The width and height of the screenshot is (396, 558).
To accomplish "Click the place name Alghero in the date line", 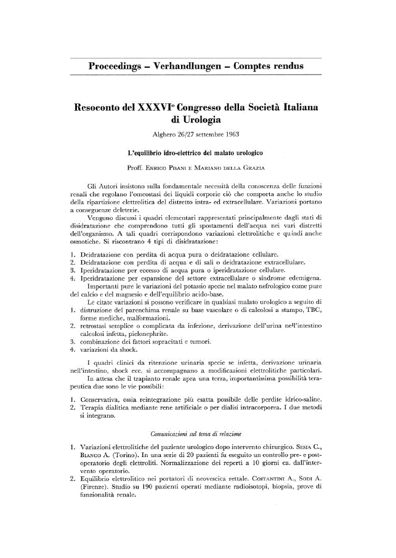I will coord(164,135).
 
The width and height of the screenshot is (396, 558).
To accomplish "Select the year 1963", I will coord(232,135).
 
